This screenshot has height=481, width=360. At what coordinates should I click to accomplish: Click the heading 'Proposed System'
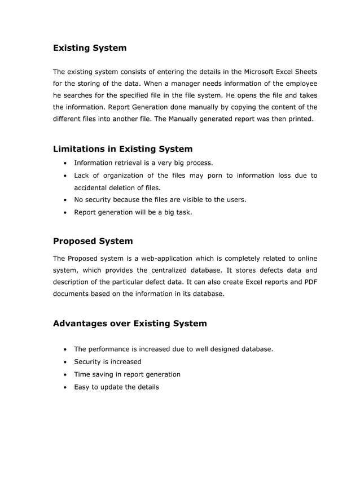point(93,241)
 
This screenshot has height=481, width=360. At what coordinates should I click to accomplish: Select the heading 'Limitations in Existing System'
point(122,149)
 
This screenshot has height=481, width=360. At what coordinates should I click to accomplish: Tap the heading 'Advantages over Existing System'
point(130,323)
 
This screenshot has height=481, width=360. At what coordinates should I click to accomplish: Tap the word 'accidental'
point(93,187)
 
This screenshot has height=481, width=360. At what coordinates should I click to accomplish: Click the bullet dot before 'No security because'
point(66,200)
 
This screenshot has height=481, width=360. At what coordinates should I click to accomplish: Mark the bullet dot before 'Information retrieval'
point(66,163)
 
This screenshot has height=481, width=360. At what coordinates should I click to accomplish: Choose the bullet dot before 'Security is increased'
point(66,362)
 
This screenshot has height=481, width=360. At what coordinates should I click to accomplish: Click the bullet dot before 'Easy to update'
point(66,387)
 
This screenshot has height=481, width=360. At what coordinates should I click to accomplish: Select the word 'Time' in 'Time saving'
point(82,374)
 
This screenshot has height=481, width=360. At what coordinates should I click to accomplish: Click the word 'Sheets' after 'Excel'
point(305,72)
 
